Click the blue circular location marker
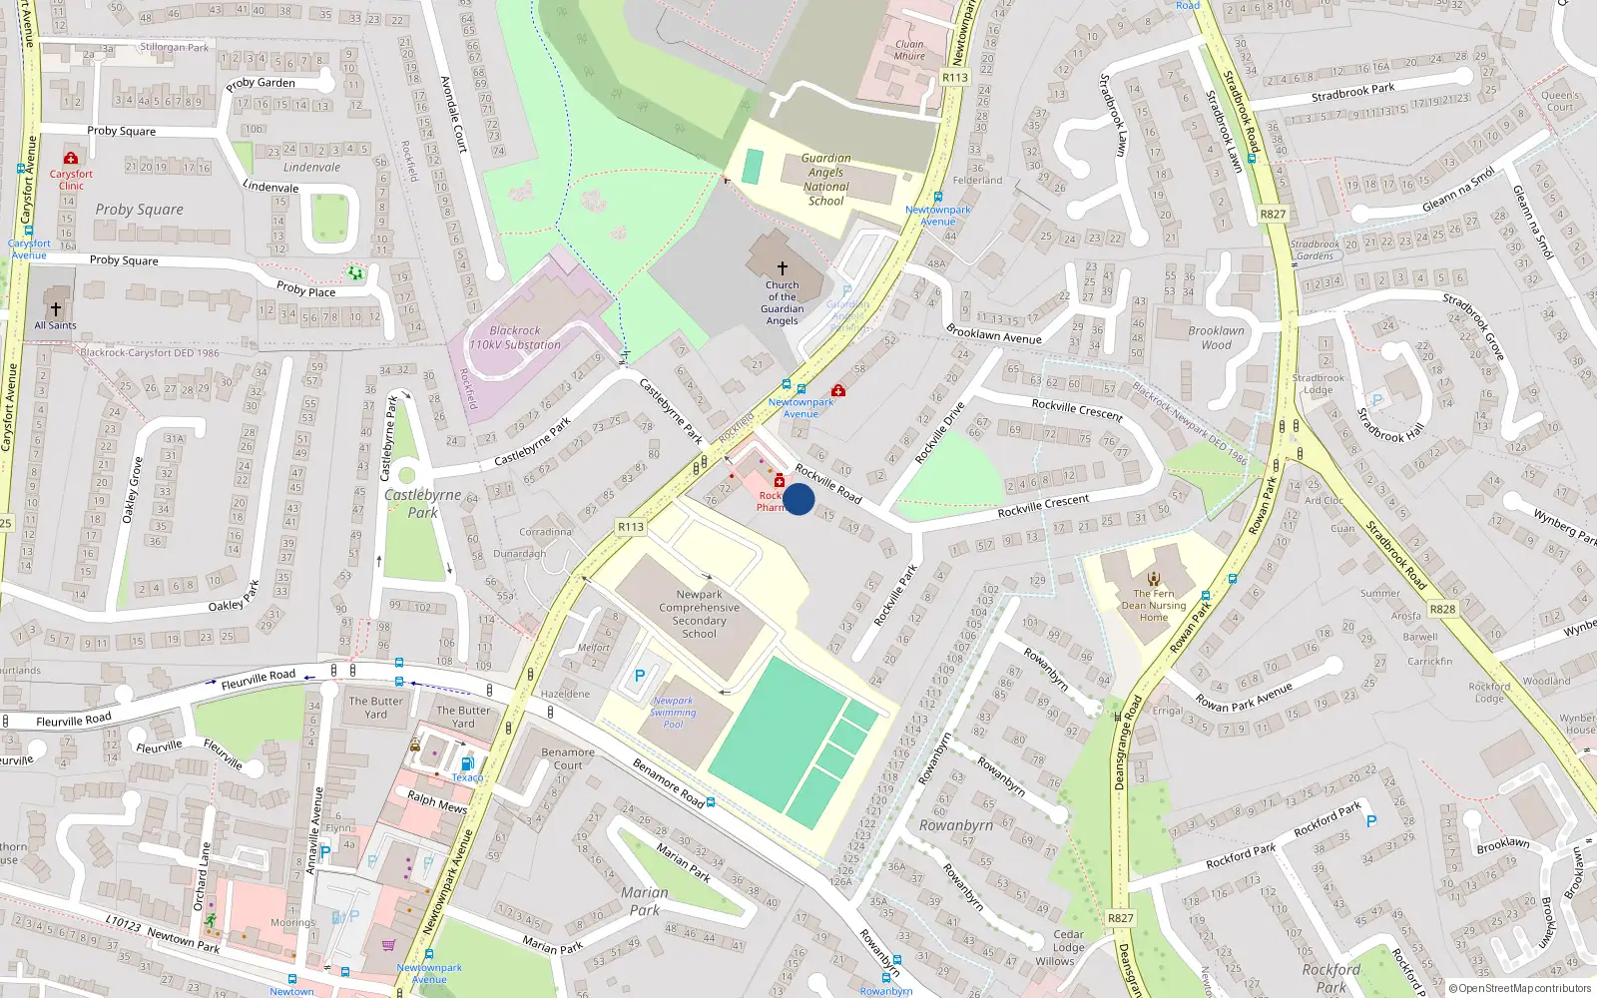point(798,499)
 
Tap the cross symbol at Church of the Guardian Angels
point(783,267)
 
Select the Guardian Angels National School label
point(826,180)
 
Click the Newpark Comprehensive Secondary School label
point(700,614)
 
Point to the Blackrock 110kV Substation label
point(515,337)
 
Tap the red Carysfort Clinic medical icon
point(71,159)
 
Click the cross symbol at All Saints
point(56,309)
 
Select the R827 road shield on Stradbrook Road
point(1273,215)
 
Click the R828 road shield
point(1442,609)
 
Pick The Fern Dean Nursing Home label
point(1154,605)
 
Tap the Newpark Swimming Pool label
point(674,713)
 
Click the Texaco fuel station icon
point(467,764)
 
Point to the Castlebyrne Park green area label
point(423,503)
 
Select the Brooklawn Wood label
point(1216,337)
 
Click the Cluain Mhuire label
point(909,50)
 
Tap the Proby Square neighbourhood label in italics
point(139,210)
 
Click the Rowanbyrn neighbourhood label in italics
point(955,825)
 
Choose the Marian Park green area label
point(645,900)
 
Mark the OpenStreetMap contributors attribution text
point(1520,988)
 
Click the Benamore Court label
point(568,758)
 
